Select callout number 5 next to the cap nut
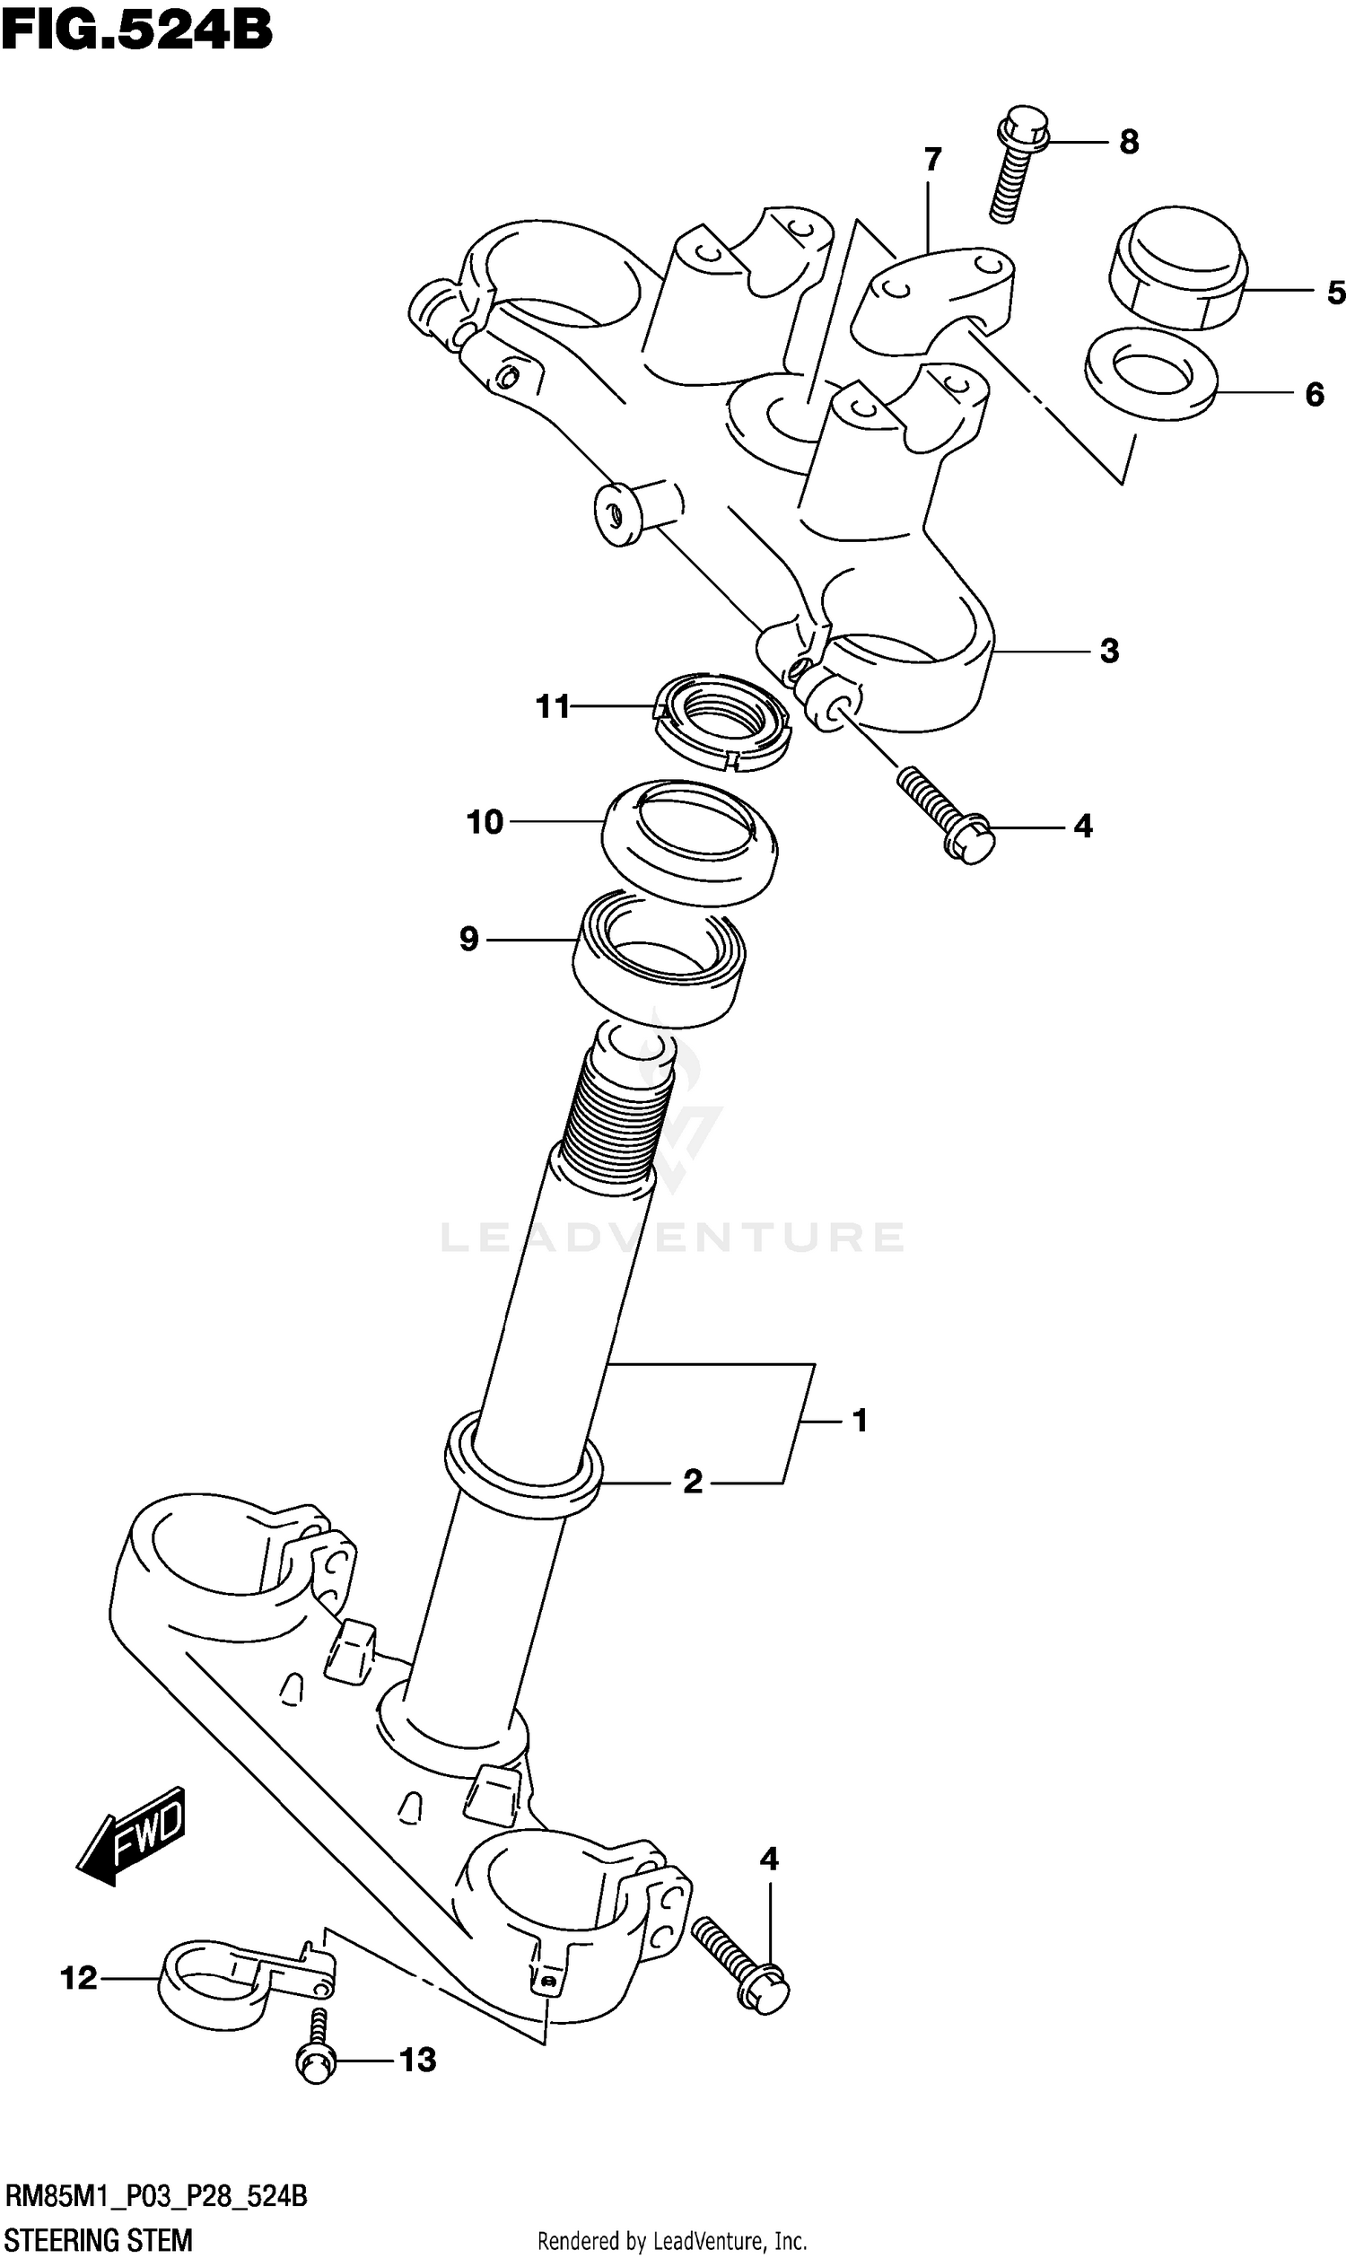click(1334, 292)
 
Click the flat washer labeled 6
click(1150, 373)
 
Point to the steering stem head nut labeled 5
click(1177, 268)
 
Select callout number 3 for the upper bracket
click(1109, 650)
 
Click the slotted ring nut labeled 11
click(722, 722)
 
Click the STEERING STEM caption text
click(97, 2240)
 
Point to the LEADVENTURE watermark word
click(672, 1238)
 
